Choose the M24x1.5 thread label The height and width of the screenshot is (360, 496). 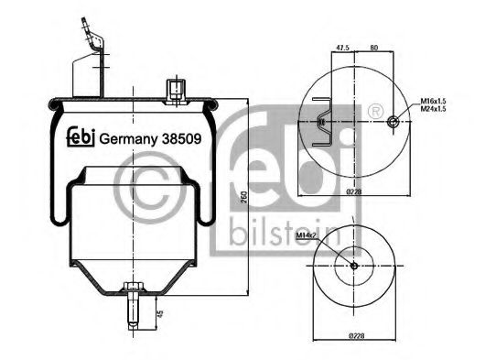click(x=434, y=110)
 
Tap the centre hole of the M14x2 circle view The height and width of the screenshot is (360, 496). click(x=354, y=267)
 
